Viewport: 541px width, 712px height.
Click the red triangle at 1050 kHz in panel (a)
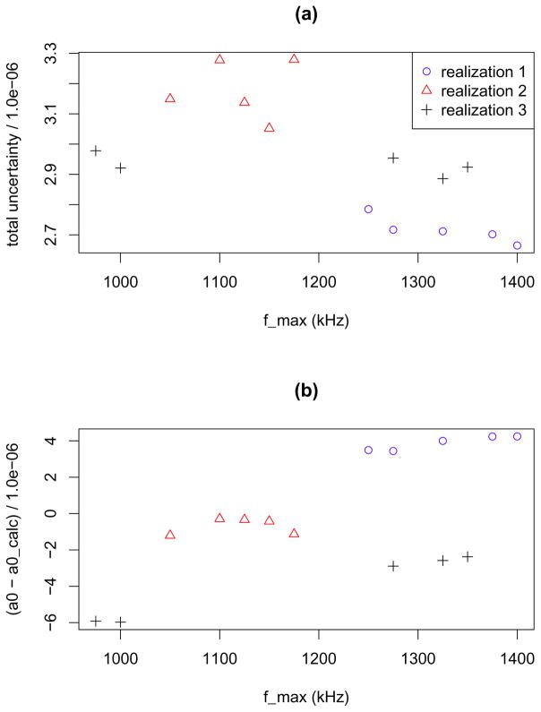click(170, 98)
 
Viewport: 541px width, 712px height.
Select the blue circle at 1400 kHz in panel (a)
click(517, 245)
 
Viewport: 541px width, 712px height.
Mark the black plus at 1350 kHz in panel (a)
click(468, 167)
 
